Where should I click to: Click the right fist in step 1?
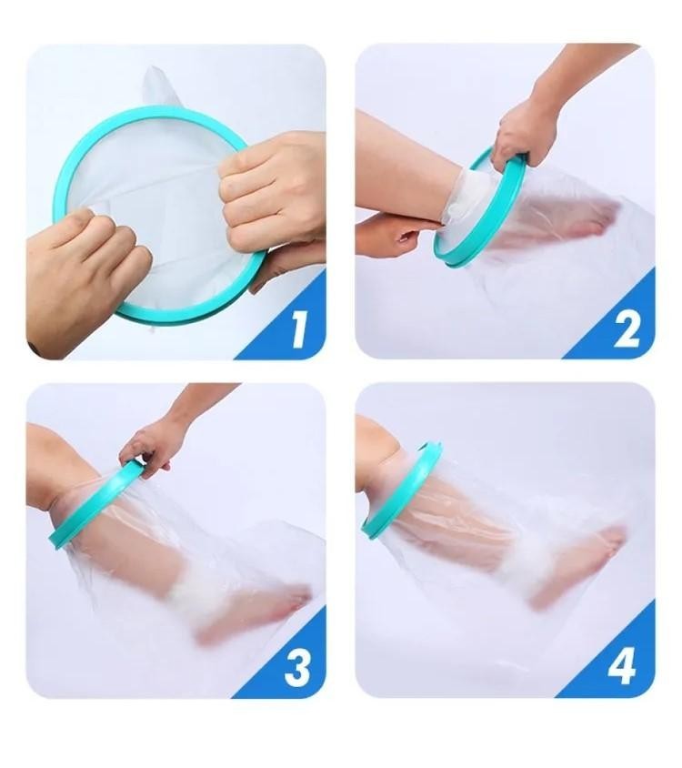269,191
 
